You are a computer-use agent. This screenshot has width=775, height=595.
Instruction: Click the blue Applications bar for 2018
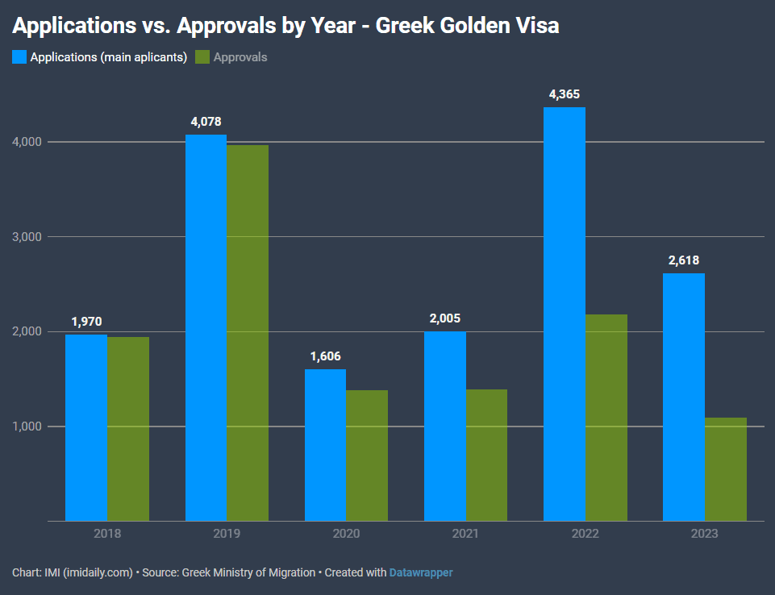(x=86, y=428)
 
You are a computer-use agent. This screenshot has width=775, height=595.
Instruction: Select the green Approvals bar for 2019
(x=248, y=333)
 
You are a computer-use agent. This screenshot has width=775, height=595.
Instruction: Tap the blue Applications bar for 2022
(x=565, y=314)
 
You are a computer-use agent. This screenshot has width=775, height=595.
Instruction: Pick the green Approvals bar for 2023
(x=726, y=469)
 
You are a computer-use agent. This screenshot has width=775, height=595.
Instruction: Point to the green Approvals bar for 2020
(x=367, y=456)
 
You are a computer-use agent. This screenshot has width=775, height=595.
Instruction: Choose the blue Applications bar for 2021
(x=445, y=426)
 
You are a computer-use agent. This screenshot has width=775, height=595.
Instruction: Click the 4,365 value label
(x=565, y=94)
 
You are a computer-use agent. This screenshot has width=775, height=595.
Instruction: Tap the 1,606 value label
(x=325, y=356)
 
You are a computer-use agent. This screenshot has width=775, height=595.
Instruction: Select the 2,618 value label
(x=684, y=260)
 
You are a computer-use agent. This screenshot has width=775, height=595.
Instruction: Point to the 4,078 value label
(x=206, y=122)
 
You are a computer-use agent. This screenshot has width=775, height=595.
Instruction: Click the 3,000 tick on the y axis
(x=27, y=237)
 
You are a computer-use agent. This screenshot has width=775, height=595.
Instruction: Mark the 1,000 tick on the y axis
(x=27, y=426)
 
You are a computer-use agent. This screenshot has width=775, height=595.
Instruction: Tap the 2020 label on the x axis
(x=346, y=534)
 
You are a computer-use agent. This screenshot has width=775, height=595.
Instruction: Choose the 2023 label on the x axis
(x=704, y=534)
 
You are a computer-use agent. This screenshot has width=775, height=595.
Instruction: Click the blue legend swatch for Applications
(x=19, y=56)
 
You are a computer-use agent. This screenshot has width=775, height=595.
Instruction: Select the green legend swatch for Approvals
(x=202, y=56)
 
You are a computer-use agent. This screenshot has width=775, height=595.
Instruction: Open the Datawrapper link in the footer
(x=421, y=572)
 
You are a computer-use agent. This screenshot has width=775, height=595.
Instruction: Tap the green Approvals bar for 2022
(x=606, y=418)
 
